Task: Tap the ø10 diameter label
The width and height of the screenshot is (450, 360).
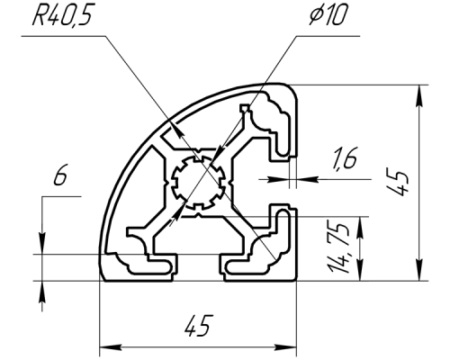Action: coord(328,15)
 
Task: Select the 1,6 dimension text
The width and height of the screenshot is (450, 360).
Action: coord(344,158)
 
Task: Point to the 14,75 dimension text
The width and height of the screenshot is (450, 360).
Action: coord(339,247)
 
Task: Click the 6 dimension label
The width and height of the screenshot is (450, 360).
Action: coord(60,175)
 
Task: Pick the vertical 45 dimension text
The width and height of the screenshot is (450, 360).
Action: coord(399,183)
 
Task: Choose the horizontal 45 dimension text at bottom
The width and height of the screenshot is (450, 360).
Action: coord(199,325)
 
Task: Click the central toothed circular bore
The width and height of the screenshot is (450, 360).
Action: coord(198,183)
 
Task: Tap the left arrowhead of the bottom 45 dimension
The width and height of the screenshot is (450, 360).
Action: coord(111,347)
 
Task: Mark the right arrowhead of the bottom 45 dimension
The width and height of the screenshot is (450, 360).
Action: coord(285,347)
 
